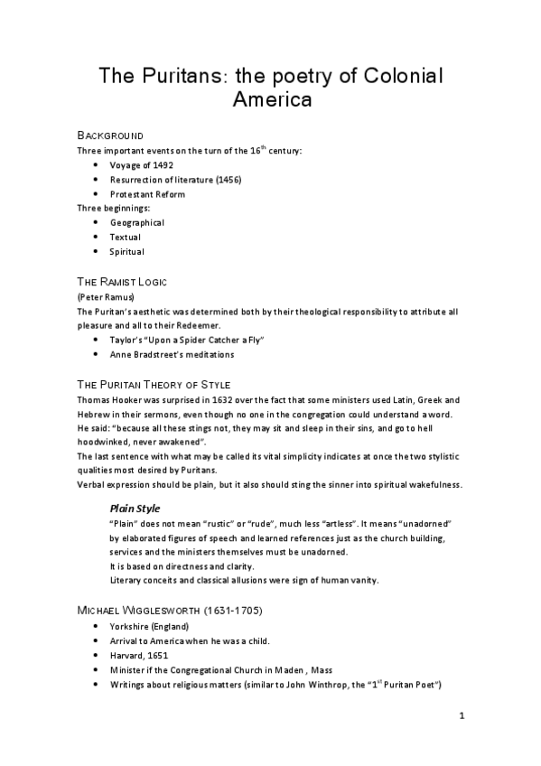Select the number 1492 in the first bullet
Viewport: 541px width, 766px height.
[162, 165]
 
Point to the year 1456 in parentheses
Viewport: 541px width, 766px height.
[229, 180]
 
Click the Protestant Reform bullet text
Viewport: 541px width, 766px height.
[147, 194]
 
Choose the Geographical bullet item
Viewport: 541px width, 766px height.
[137, 222]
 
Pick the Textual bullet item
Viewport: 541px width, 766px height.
[126, 237]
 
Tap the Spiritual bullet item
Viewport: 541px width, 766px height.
[127, 251]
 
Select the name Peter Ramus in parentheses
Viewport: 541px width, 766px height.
[107, 296]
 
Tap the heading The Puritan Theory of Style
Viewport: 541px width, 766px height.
[154, 385]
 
